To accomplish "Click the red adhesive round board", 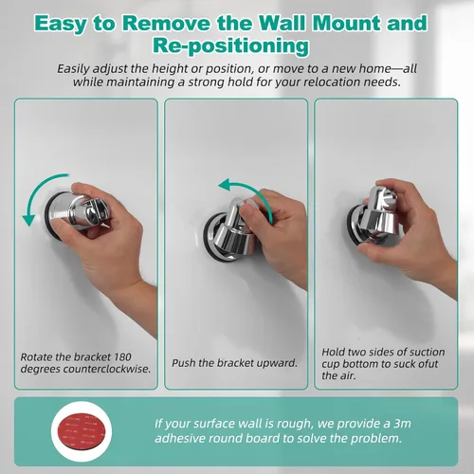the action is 82,431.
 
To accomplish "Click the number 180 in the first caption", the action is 122,357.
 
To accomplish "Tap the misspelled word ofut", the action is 427,364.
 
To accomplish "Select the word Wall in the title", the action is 283,24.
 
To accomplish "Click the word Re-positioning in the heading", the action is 230,46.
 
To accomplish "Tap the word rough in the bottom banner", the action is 295,425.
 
